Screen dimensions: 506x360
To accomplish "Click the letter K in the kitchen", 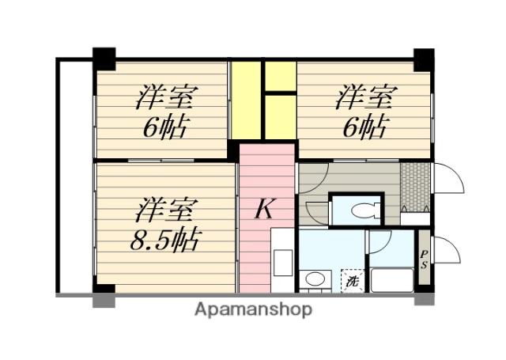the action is (x=265, y=208).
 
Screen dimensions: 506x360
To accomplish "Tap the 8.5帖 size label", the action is (x=164, y=240).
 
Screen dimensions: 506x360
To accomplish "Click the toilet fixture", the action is (x=365, y=210).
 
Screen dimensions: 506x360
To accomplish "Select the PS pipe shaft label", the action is (x=424, y=260).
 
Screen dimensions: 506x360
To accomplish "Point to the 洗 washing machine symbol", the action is (x=353, y=281).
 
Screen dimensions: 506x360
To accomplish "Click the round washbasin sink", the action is (x=315, y=279).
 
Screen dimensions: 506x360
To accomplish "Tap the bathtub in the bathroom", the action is (x=392, y=280).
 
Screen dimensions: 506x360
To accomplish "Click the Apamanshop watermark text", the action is (x=253, y=310).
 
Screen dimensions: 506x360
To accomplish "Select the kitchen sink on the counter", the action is (x=283, y=263).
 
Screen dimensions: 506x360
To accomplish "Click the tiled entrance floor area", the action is (x=415, y=187).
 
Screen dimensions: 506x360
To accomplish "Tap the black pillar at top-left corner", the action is (x=104, y=59).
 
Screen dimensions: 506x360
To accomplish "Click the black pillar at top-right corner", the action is (x=424, y=59).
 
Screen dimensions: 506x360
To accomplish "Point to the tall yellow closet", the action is (x=246, y=100).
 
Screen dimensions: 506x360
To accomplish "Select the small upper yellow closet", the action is (x=281, y=76).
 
